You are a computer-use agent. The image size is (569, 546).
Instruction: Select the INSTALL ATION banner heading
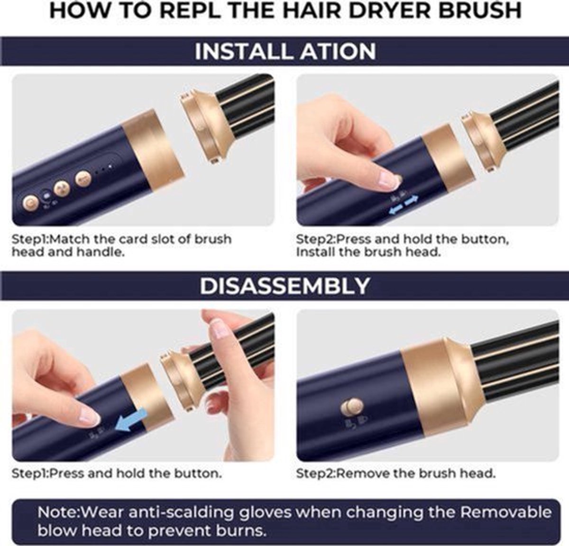(x=285, y=52)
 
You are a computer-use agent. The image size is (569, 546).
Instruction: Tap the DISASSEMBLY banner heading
(x=284, y=286)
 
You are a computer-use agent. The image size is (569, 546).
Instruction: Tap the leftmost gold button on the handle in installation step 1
(x=31, y=202)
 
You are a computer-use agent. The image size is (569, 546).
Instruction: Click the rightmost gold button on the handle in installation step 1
(x=83, y=178)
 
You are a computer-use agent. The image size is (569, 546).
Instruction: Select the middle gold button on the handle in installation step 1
(x=62, y=188)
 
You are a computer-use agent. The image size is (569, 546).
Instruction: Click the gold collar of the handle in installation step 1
(x=152, y=151)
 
